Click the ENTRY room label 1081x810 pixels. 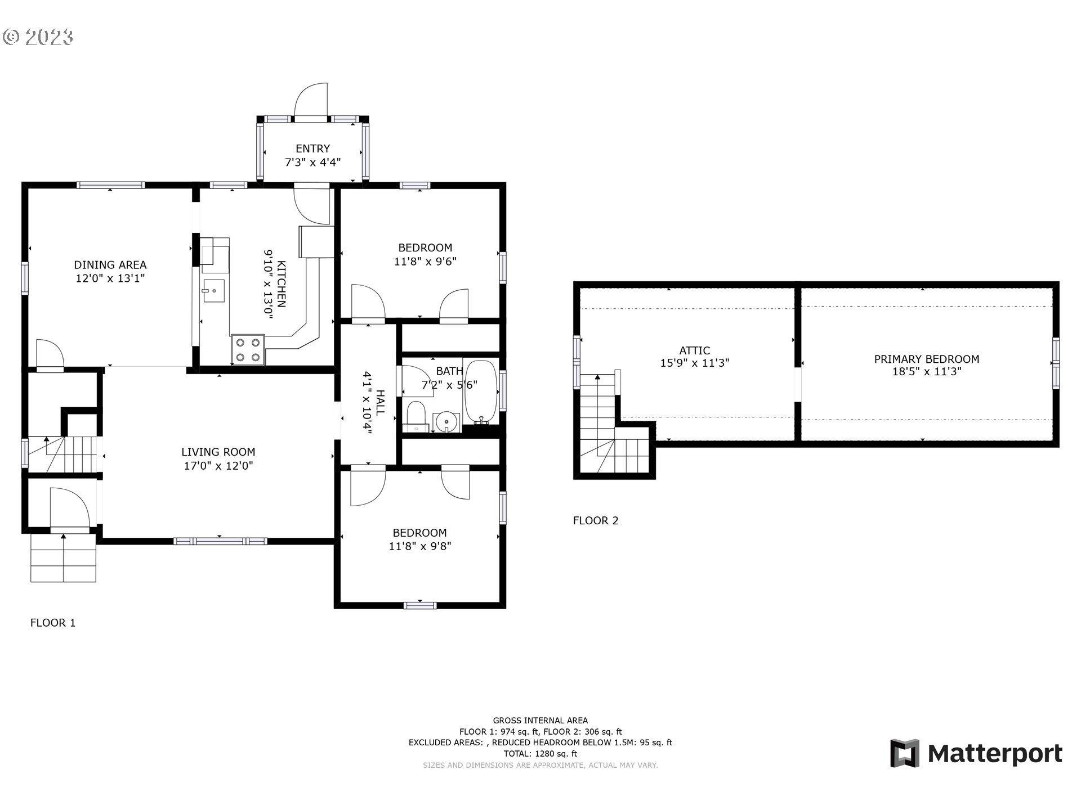(312, 148)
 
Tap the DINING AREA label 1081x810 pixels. (110, 264)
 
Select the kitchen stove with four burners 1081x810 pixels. (248, 349)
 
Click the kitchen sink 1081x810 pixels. (213, 291)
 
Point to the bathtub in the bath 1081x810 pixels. (481, 392)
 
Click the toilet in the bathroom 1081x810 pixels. (417, 416)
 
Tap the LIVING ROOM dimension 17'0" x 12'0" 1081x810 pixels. (218, 466)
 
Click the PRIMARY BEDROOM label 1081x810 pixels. (926, 359)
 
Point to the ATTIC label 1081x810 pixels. (694, 350)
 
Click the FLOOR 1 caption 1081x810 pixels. (52, 623)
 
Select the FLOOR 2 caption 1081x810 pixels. (595, 521)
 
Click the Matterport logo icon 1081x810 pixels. (904, 753)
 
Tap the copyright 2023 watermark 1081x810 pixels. (38, 37)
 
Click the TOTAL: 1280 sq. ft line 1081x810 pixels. (540, 754)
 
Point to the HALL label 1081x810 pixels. (381, 402)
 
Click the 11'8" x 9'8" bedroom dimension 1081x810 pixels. (420, 546)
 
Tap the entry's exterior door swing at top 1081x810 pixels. (311, 101)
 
